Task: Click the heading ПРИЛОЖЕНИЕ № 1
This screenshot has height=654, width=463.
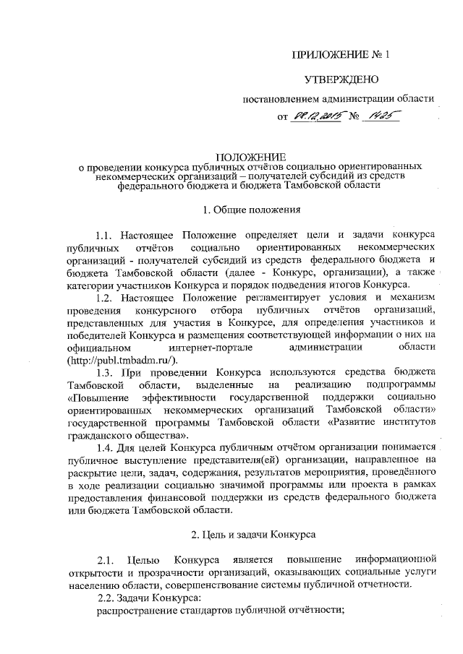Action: [x=339, y=55]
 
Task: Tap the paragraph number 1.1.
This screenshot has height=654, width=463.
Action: [x=105, y=236]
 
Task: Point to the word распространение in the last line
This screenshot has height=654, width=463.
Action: [x=132, y=610]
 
